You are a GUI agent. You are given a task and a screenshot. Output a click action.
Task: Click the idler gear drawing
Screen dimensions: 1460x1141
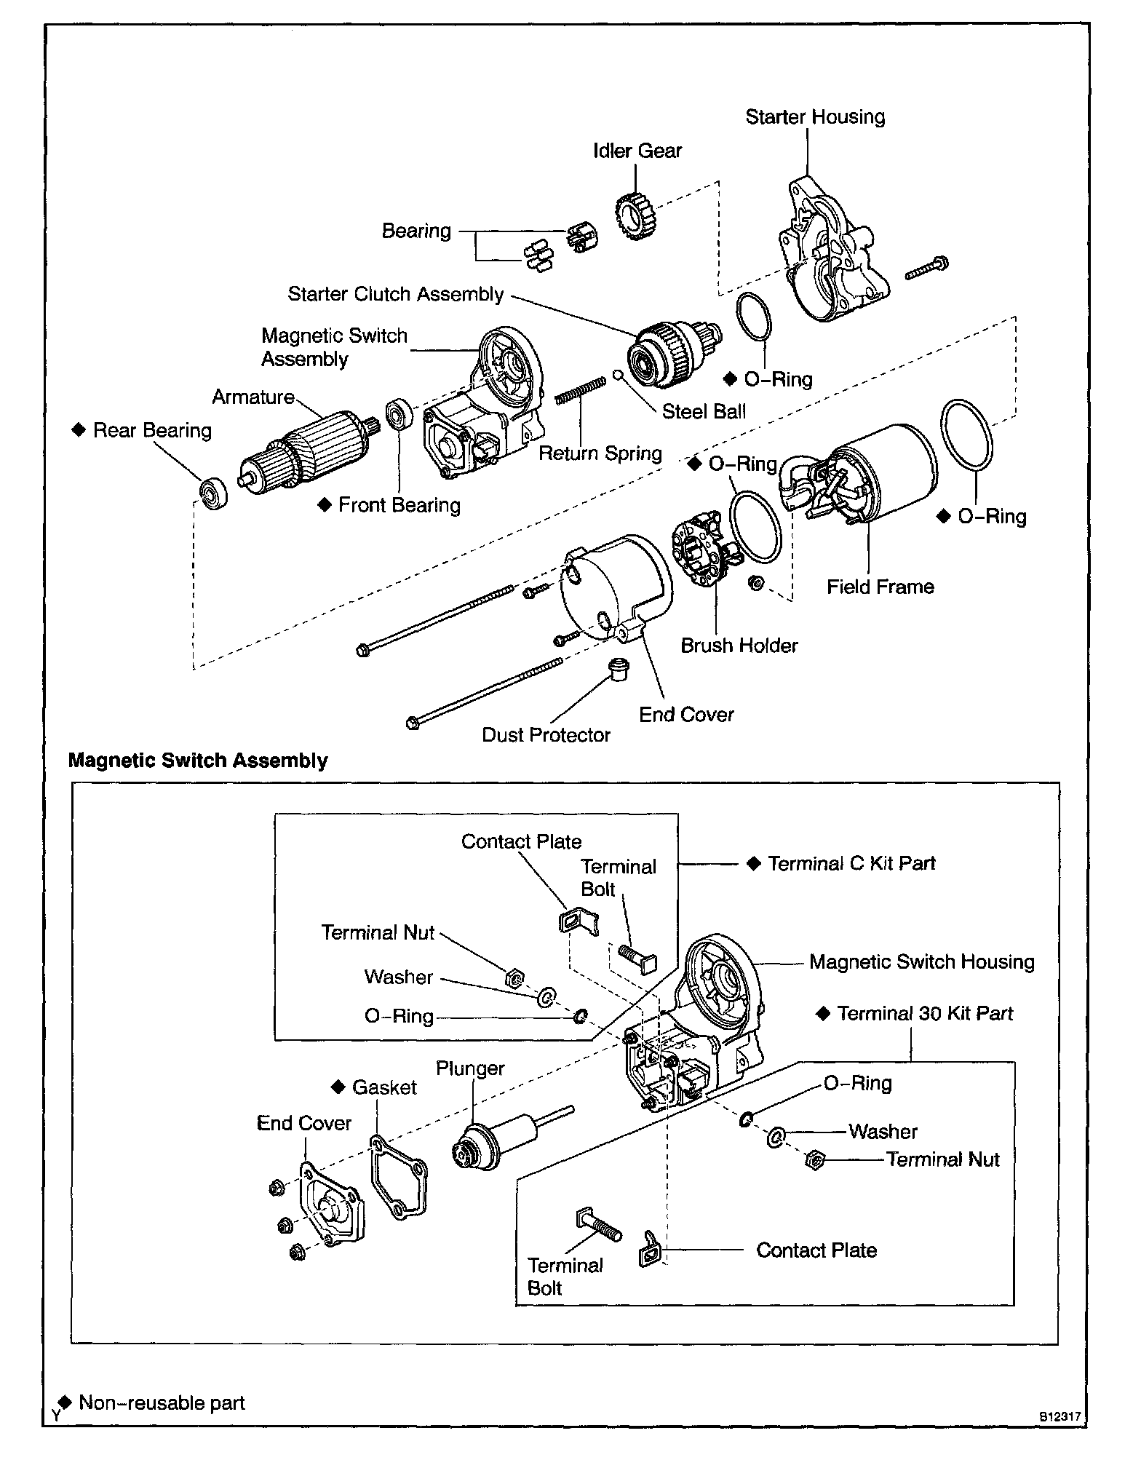tap(635, 216)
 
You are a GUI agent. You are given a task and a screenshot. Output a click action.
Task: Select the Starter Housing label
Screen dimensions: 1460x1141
tap(815, 117)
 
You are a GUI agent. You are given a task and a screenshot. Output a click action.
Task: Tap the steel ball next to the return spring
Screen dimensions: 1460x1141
tap(617, 376)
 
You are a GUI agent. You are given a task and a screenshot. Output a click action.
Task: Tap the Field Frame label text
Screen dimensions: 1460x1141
tap(880, 587)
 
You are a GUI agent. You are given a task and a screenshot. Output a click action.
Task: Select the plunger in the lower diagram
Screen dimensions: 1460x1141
tap(495, 1139)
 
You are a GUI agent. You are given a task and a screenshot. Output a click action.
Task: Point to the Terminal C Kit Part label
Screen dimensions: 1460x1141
tap(851, 863)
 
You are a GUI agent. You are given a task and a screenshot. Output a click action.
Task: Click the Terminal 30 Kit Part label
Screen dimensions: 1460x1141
tap(924, 1013)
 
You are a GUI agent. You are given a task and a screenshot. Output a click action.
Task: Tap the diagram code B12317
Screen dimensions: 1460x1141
tap(1059, 1417)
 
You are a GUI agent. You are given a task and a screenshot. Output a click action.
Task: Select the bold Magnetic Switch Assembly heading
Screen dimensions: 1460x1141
tap(198, 761)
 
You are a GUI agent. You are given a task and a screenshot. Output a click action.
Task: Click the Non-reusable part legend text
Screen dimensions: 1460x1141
tap(162, 1403)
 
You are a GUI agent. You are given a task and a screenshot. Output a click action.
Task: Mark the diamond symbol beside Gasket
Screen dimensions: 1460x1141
tap(338, 1087)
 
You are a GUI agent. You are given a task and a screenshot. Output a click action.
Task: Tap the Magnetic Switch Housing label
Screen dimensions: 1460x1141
tap(921, 961)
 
